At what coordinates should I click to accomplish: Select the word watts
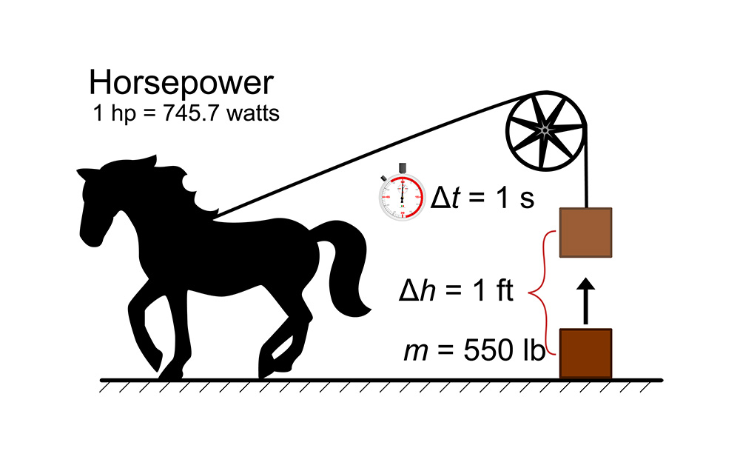click(x=252, y=113)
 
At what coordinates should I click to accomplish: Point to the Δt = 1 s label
click(x=482, y=197)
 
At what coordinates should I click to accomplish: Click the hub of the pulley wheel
click(x=545, y=130)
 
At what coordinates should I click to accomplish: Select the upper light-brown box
click(x=585, y=233)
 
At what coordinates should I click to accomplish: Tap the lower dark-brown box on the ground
click(x=585, y=354)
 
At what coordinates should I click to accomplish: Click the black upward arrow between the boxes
click(x=585, y=301)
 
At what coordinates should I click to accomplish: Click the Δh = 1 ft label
click(x=456, y=290)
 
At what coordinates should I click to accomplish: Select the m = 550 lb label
click(x=474, y=350)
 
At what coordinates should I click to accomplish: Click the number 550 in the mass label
click(x=488, y=350)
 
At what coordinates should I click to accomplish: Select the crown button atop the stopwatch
click(x=403, y=168)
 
